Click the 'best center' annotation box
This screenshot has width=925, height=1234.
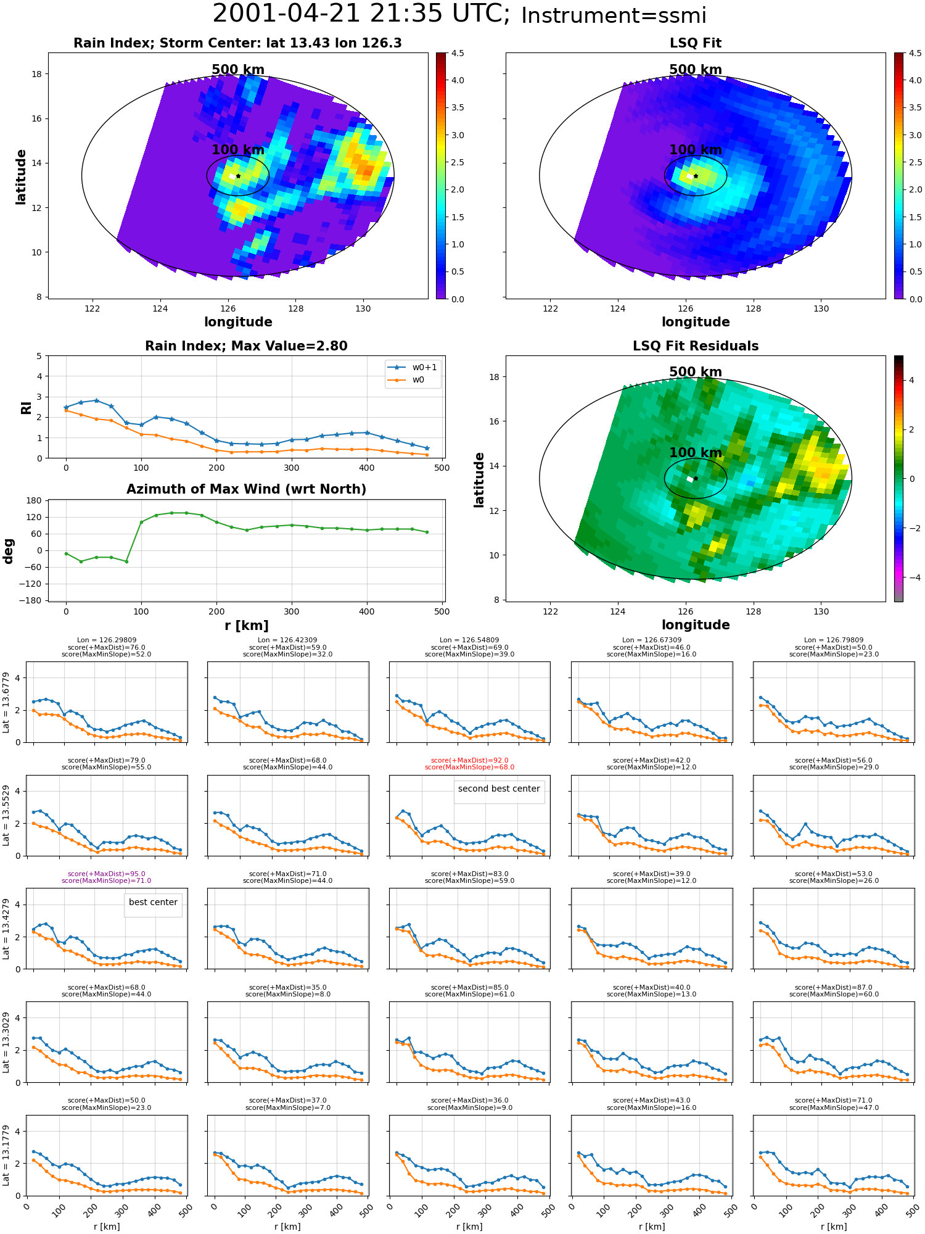(153, 905)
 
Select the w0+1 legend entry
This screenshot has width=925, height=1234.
(413, 367)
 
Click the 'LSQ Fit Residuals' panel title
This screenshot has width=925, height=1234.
(696, 346)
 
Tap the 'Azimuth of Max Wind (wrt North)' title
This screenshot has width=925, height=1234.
(246, 489)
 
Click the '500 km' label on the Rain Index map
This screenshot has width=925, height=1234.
(238, 70)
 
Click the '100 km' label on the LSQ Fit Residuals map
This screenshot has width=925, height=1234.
(696, 453)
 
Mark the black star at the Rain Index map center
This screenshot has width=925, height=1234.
(238, 176)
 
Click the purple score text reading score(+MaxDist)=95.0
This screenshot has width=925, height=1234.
(107, 874)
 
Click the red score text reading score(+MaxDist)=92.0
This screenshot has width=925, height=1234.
(470, 760)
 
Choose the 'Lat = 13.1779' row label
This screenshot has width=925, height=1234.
(6, 1155)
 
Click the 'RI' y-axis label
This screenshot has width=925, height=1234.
(26, 407)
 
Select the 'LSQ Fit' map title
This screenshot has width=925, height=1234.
(696, 43)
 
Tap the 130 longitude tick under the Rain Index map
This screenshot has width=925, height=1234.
(363, 308)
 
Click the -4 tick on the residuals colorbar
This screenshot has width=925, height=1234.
(911, 578)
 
